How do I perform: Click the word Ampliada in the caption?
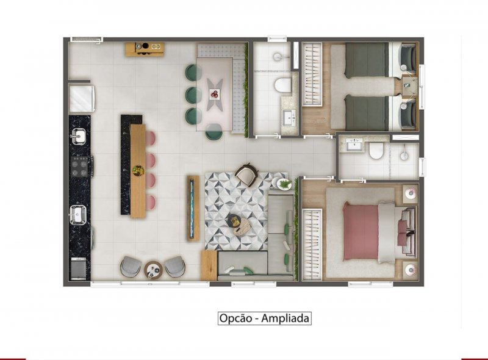tap(285, 319)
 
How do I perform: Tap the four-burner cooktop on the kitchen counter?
tap(79, 167)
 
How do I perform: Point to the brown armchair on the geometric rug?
tap(246, 175)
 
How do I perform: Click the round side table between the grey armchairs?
tap(153, 270)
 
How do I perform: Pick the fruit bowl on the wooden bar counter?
tap(138, 170)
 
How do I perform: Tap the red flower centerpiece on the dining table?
tap(215, 94)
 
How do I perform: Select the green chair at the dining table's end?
tap(214, 132)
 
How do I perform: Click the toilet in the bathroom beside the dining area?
tap(283, 84)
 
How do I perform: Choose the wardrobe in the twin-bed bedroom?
tap(312, 74)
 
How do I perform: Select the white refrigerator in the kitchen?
tap(82, 98)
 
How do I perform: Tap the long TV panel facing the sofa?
tap(193, 208)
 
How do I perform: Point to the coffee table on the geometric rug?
tap(239, 224)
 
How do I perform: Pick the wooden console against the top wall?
tap(145, 49)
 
